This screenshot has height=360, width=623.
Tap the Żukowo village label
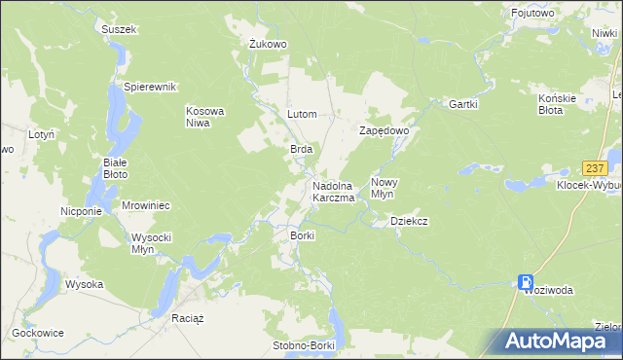click(x=267, y=44)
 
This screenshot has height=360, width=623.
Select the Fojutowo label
click(x=533, y=13)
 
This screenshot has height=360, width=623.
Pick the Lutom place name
click(x=302, y=114)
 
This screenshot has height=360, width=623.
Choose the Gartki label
click(x=461, y=104)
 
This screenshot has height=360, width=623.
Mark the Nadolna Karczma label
click(x=332, y=192)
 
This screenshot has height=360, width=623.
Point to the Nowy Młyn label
click(x=385, y=188)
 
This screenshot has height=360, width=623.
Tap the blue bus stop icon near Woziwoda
click(x=526, y=280)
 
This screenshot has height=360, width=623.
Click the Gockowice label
click(x=38, y=333)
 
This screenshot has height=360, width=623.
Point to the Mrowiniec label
click(x=146, y=206)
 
